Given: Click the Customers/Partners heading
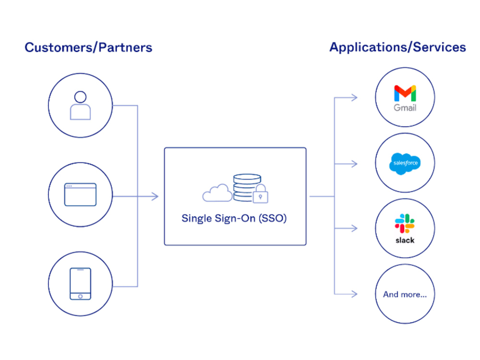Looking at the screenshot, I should click(x=88, y=48).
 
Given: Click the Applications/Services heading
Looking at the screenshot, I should click(x=397, y=47).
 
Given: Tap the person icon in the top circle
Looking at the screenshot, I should click(x=80, y=106).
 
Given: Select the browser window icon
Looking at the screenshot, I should click(x=80, y=194).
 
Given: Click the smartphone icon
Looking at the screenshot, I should click(x=80, y=284).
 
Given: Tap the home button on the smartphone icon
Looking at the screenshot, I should click(x=80, y=296).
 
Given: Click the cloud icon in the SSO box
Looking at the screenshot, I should click(x=217, y=193).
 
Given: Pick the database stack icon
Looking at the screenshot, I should click(x=246, y=188).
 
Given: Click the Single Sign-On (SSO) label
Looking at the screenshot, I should click(x=234, y=218).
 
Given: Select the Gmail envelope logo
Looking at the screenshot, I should click(x=405, y=93).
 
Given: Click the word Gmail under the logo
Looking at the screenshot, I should click(x=405, y=108).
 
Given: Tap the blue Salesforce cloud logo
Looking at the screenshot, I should click(x=405, y=164).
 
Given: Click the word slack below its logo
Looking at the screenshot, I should click(x=405, y=240).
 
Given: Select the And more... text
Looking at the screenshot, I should click(x=405, y=294).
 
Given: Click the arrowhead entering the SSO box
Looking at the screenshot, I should click(x=155, y=196).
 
